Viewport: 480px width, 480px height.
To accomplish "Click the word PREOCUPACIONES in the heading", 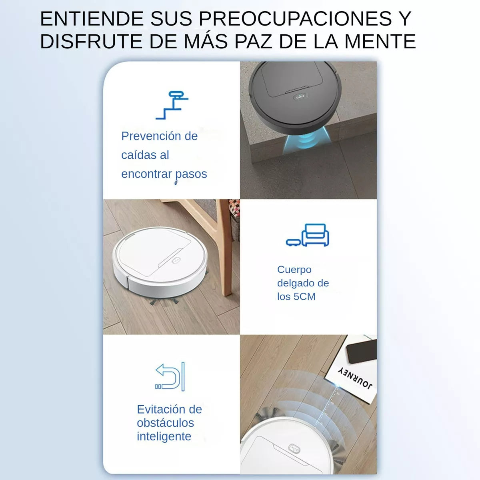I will tap(295, 19).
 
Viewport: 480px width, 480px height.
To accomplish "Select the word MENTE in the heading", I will tap(380, 42).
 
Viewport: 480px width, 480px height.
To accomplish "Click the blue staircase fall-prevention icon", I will tap(172, 105).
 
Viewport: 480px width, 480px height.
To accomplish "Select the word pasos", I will tap(191, 174).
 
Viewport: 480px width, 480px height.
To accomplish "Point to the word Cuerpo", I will tap(294, 270).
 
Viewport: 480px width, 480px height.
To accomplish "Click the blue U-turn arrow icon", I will tap(170, 376).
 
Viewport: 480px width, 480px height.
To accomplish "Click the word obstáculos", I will tap(165, 423).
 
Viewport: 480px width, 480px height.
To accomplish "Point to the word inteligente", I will tap(164, 436).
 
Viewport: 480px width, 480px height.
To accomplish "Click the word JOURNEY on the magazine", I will tap(356, 378).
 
